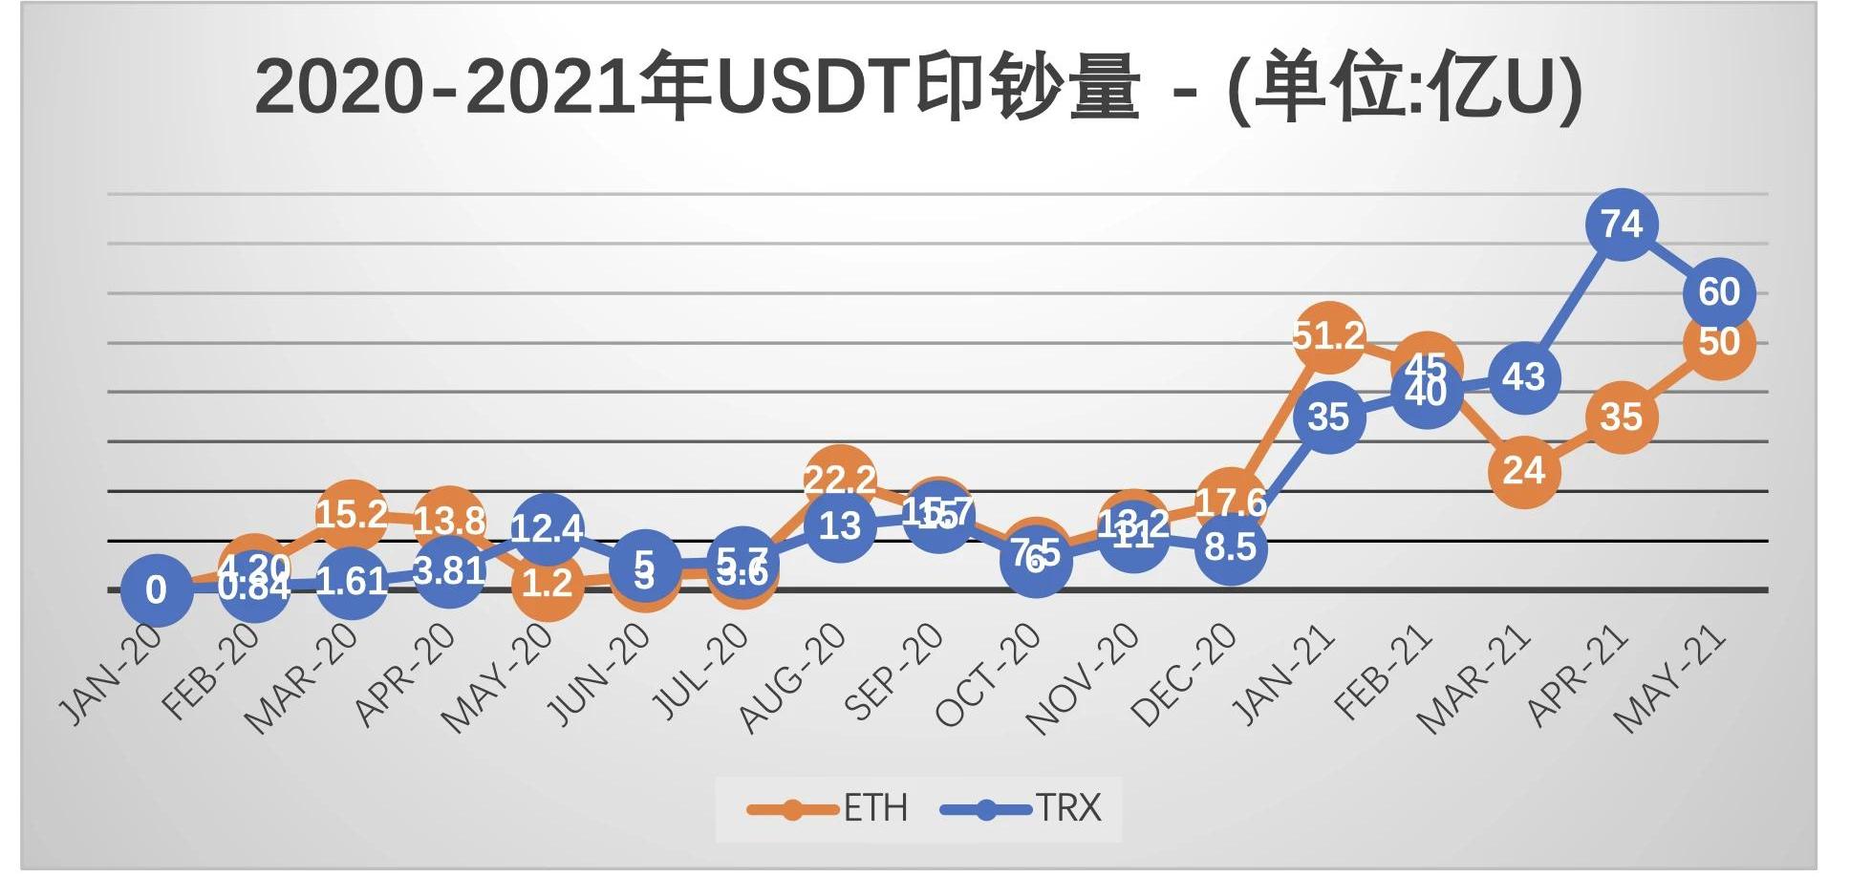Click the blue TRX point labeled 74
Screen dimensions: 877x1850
1621,225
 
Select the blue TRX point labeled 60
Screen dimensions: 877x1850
1718,292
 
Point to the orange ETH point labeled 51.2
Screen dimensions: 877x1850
1328,336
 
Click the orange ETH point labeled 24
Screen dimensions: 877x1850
1523,471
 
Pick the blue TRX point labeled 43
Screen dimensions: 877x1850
1523,377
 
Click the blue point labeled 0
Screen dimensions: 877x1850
156,590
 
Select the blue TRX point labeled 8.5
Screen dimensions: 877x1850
1231,547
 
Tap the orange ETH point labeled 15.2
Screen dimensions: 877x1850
351,515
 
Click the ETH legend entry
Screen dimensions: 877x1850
828,809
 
